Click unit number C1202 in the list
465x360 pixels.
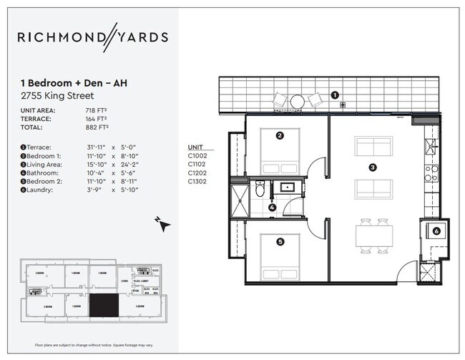click(197, 173)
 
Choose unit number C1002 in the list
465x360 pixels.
click(197, 155)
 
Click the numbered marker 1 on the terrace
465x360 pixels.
click(335, 94)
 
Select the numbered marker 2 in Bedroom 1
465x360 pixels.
click(280, 135)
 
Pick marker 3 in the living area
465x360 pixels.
click(372, 168)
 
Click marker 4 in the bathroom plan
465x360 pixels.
click(273, 208)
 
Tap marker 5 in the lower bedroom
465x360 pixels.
click(280, 242)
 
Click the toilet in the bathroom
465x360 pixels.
click(260, 190)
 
